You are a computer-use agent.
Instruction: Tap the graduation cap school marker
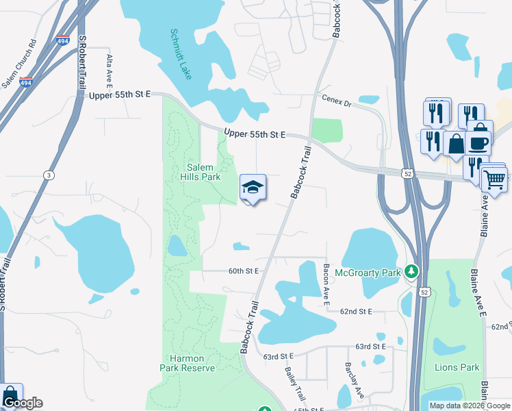pyautogui.click(x=252, y=188)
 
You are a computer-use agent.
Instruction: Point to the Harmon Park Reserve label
pyautogui.click(x=188, y=363)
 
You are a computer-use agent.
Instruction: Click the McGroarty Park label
pyautogui.click(x=367, y=273)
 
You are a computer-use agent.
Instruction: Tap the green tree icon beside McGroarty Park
pyautogui.click(x=411, y=272)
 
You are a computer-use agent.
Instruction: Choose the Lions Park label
pyautogui.click(x=457, y=367)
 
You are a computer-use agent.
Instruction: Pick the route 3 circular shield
pyautogui.click(x=48, y=176)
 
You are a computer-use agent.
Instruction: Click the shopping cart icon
pyautogui.click(x=494, y=179)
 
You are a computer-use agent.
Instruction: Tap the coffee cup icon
pyautogui.click(x=478, y=143)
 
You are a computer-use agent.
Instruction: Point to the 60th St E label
pyautogui.click(x=244, y=271)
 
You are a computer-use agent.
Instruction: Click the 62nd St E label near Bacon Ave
pyautogui.click(x=355, y=311)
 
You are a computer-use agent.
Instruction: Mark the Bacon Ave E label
pyautogui.click(x=327, y=281)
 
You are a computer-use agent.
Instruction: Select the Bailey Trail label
pyautogui.click(x=296, y=383)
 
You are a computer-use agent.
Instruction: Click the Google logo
pyautogui.click(x=23, y=403)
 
